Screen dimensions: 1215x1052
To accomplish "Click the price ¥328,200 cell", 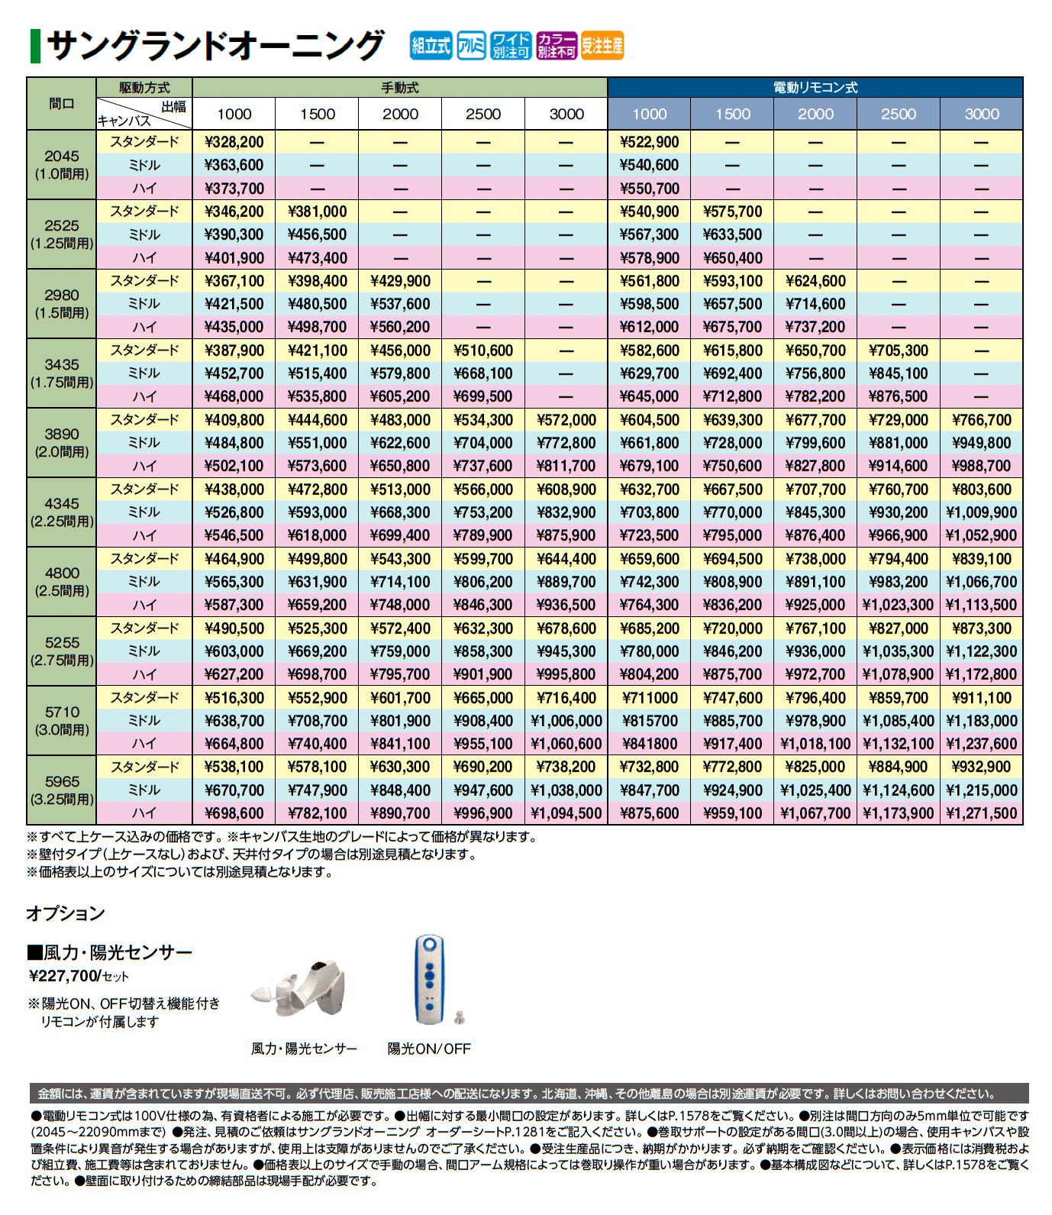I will coord(234,142).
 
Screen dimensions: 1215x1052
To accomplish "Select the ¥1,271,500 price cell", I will coord(981,813).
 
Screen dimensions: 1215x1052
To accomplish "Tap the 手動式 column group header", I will coord(400,88).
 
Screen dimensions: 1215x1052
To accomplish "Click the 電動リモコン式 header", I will coord(815,88).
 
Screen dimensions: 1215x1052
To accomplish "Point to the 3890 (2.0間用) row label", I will coord(61,443).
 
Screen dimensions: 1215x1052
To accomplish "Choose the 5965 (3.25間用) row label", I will coord(61,790).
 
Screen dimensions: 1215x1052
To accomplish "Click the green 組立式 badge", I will coord(431,46).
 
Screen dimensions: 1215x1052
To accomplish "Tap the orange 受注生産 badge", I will coord(602,46).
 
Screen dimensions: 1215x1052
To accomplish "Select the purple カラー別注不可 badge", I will coord(557,46).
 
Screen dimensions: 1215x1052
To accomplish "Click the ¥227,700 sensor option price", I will coord(64,976).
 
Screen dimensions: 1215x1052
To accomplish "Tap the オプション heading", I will coord(66,913).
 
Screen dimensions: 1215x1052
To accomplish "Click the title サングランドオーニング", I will coord(215,46).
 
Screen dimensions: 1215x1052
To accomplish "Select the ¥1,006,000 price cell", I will coord(566,721).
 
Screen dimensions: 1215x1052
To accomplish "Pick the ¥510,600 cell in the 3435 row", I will coord(483,351).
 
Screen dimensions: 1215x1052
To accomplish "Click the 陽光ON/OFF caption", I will coord(429,1049).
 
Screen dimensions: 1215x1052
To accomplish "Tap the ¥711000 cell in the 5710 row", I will coord(650,698).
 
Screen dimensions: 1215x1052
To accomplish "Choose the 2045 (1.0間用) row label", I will coord(61,165).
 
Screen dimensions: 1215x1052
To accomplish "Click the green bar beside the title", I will coord(35,46).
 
